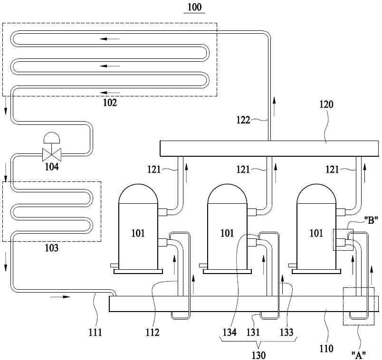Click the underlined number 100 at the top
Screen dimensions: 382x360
pos(194,7)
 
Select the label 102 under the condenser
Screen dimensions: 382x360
pos(110,103)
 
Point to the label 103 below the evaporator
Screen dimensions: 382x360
pos(52,248)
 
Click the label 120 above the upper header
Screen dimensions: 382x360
pos(326,104)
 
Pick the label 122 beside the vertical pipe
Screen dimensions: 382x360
pos(243,120)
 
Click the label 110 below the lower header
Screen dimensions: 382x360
pos(326,349)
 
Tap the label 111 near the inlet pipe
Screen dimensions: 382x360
pos(95,332)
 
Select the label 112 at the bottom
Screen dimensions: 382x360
pos(153,332)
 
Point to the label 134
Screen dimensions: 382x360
pos(229,332)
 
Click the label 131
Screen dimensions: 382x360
pos(253,332)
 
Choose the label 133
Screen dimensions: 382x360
pos(286,332)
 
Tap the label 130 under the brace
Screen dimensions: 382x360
pos(258,355)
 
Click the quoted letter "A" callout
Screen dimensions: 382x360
pos(359,355)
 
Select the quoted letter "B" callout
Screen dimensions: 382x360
pos(371,221)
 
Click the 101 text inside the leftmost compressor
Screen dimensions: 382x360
pos(138,233)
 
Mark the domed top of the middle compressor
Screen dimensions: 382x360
pos(227,194)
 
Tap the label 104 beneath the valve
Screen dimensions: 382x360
pos(52,167)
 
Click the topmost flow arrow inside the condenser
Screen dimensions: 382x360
pos(110,39)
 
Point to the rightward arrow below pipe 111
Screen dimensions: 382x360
pos(60,297)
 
